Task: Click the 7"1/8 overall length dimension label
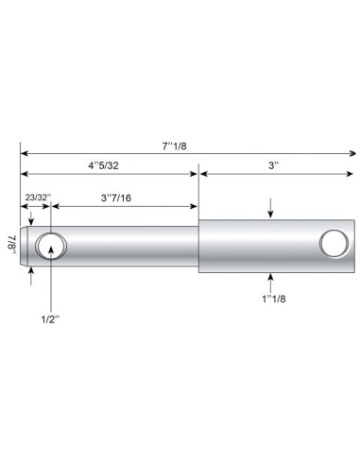pos(177,146)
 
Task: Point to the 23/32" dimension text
pos(36,197)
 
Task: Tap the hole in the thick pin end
pos(333,243)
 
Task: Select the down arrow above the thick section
pos(272,215)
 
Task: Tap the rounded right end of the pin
pos(351,246)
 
